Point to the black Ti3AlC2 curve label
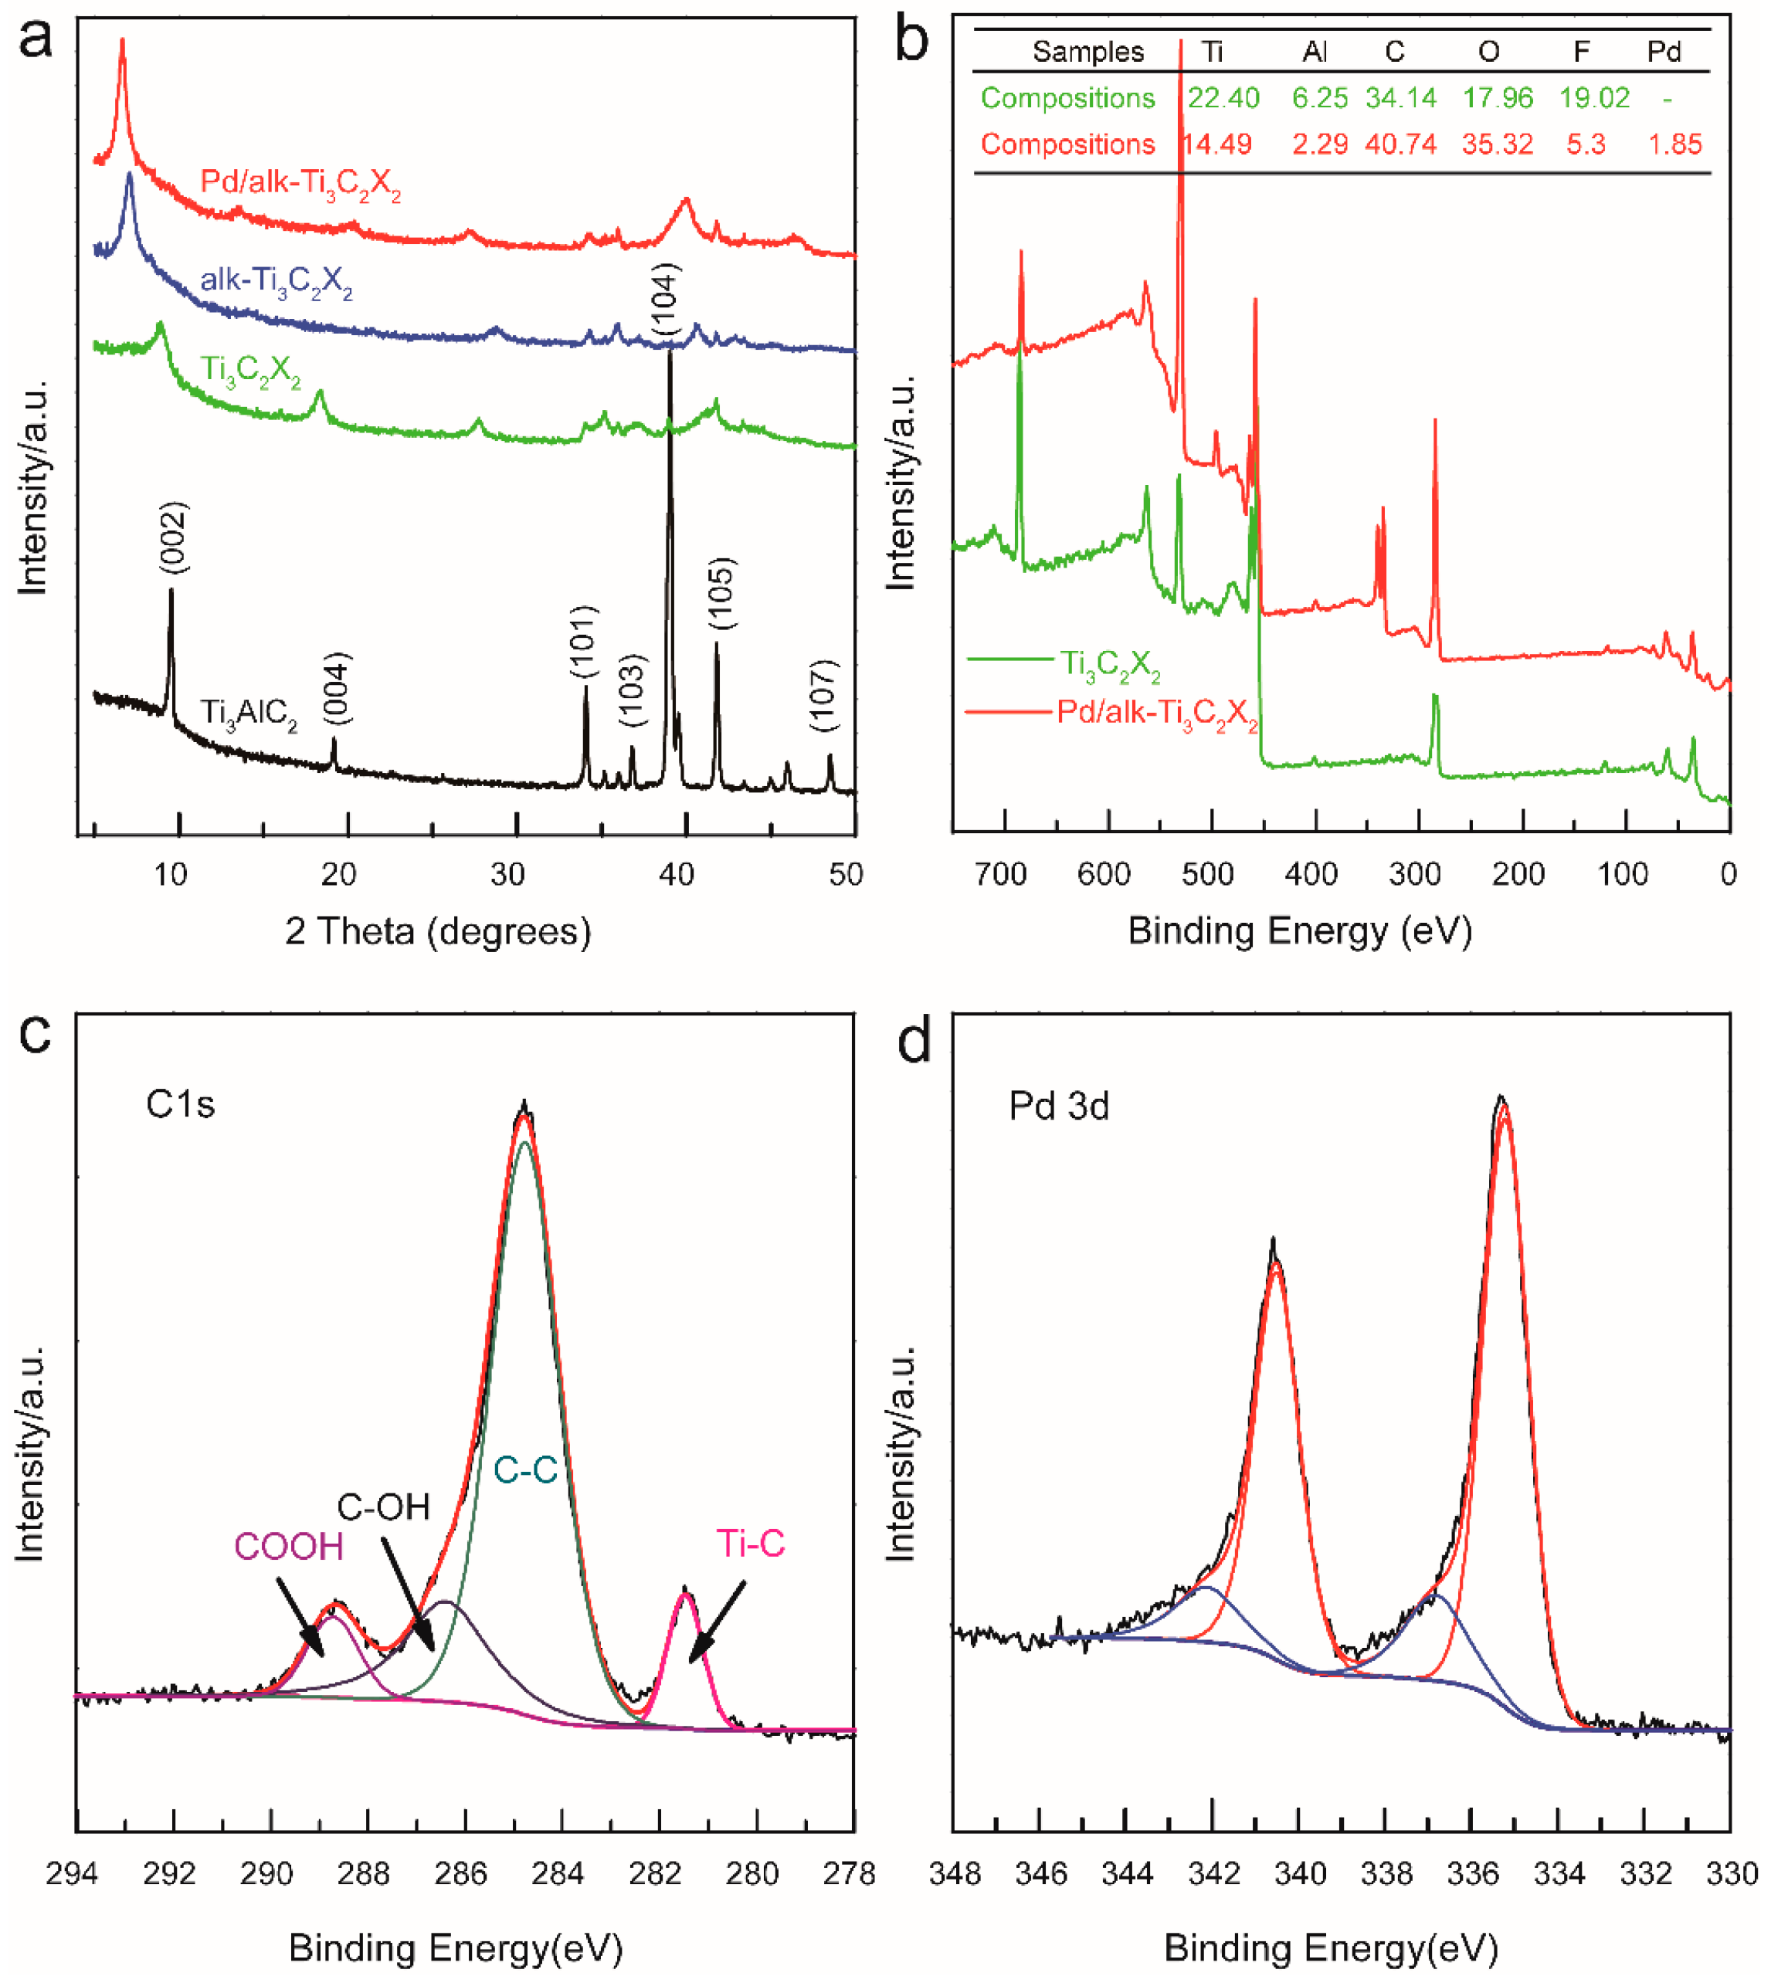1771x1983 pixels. (249, 714)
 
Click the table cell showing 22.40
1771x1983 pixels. (1223, 98)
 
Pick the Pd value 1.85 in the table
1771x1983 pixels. (1674, 145)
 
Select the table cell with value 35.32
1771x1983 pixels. (1497, 145)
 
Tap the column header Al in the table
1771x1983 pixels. (1315, 52)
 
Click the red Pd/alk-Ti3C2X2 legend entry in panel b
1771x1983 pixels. (1157, 714)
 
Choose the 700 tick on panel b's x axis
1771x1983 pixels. (1001, 875)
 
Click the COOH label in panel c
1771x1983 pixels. (289, 1547)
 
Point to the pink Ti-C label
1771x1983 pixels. (750, 1543)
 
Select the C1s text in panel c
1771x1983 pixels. (180, 1104)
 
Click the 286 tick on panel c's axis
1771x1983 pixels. (462, 1873)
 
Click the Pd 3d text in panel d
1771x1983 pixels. (1059, 1107)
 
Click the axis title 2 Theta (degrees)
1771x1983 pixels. (438, 931)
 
